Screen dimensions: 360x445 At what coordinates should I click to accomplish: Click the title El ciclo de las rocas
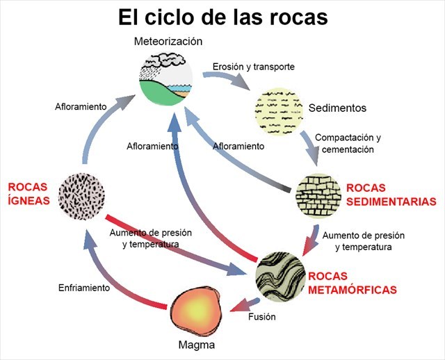(222, 17)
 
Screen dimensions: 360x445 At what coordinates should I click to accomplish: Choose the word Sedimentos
(337, 108)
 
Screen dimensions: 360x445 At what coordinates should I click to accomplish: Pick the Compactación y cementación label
(348, 143)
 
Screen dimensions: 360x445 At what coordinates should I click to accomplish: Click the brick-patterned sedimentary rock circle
(318, 194)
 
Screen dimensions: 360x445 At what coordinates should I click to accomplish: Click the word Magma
(196, 345)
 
